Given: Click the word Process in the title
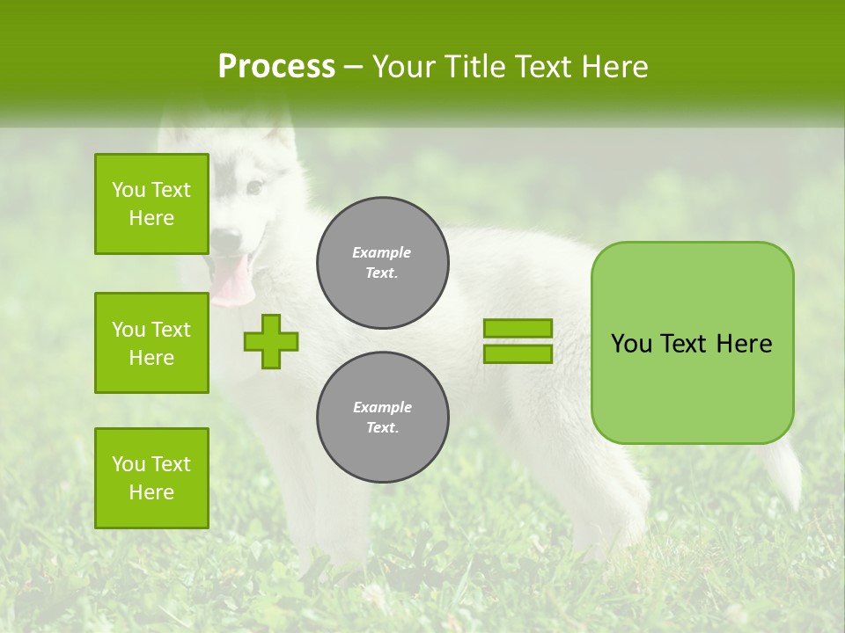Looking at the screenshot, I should (276, 67).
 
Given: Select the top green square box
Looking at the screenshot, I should (151, 204).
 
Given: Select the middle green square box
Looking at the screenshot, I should (151, 343).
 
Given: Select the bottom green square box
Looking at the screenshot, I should (151, 478).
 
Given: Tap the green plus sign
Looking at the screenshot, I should (271, 341).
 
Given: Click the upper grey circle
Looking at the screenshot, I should (382, 263).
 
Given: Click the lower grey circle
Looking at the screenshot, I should (382, 418).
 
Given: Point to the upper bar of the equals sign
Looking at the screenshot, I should (518, 329).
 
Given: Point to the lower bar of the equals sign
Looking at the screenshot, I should (518, 353).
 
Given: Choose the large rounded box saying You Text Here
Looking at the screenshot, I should (692, 343).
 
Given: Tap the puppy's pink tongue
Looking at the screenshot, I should (231, 281).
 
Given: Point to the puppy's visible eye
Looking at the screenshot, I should (254, 187).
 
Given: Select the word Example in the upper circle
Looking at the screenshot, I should (382, 252).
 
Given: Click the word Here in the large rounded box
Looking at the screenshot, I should (744, 343).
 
